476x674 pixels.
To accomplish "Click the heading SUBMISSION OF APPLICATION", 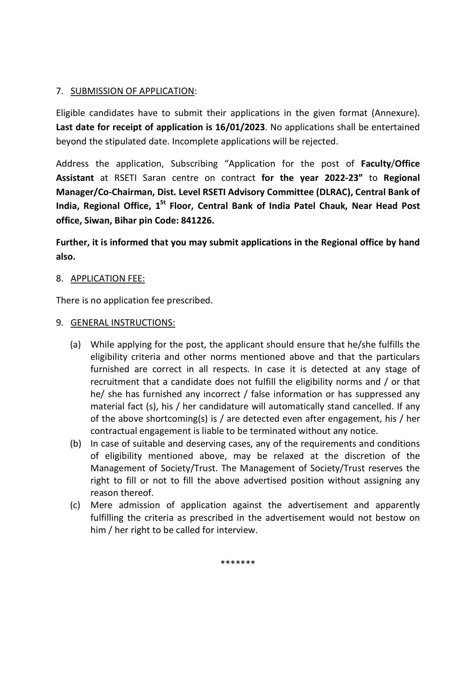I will point(132,91).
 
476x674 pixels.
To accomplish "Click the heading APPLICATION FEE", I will point(108,278).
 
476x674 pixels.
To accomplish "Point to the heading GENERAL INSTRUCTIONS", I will point(123,323).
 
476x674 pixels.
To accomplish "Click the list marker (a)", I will point(75,344).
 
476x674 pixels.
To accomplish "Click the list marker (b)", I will point(75,444).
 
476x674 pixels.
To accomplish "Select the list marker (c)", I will point(75,505).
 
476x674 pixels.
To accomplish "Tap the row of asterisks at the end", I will point(238,563).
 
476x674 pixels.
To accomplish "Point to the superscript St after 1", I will point(163,203).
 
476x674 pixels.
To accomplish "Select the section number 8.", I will point(59,278).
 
